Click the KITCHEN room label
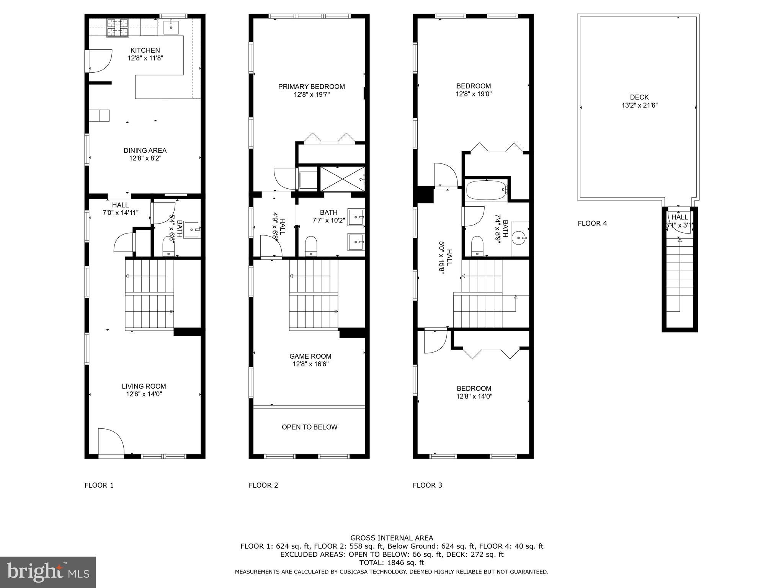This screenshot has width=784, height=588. pos(145,50)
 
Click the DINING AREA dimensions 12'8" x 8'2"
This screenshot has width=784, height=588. pos(145,158)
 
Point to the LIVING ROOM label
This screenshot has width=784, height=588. pos(144,386)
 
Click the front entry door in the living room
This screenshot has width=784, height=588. pos(110,442)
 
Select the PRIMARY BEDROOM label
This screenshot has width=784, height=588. pos(311,87)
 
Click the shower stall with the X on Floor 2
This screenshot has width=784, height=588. pos(342,179)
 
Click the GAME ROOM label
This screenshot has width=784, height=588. pos(310,356)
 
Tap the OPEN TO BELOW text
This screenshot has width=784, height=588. pos(309,427)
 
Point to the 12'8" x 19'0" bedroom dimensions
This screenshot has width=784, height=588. pos(474,94)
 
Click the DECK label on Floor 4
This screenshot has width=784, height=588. pos(639,97)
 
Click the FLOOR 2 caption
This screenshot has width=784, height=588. pos(263,485)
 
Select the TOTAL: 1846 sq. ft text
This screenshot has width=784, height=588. pos(392,563)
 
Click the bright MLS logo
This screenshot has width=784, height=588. pos(48,572)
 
